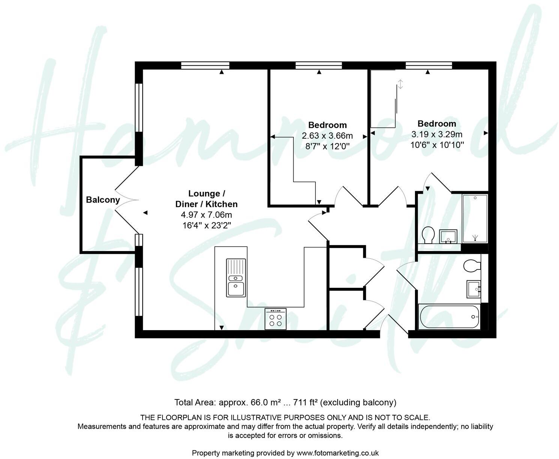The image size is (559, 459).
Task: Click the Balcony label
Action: tap(103, 200)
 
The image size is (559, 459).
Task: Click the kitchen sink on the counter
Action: tap(236, 278)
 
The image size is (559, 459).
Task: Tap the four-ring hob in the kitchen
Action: tap(275, 319)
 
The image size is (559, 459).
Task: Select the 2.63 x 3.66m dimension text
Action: tap(327, 136)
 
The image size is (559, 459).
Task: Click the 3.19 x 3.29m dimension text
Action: tap(437, 134)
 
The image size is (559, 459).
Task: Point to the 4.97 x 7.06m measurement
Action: tap(206, 215)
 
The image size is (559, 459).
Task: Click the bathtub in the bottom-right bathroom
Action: tap(449, 317)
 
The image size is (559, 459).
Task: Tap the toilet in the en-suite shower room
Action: tap(428, 235)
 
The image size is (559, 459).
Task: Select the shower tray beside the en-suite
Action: tap(475, 218)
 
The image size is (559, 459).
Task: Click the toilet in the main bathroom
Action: tap(472, 266)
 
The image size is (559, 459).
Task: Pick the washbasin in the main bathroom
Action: tap(474, 289)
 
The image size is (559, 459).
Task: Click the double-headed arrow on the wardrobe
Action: tap(400, 84)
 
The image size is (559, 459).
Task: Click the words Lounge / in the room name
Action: tap(206, 194)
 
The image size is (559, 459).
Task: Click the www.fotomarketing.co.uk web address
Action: tap(338, 453)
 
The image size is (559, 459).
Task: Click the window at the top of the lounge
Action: tap(205, 66)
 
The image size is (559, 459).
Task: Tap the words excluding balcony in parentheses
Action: tap(359, 402)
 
